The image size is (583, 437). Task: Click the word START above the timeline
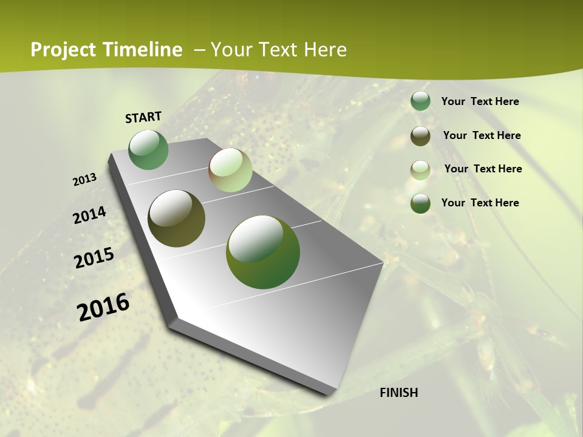pyautogui.click(x=143, y=117)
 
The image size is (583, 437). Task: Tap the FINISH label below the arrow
pyautogui.click(x=398, y=393)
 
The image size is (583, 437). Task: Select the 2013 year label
pyautogui.click(x=85, y=180)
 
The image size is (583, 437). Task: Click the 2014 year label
pyautogui.click(x=90, y=215)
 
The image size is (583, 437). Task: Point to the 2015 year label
pyautogui.click(x=94, y=258)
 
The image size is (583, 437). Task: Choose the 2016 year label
pyautogui.click(x=103, y=307)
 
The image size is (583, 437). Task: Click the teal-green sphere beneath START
pyautogui.click(x=149, y=150)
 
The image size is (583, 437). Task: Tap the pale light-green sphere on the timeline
pyautogui.click(x=230, y=170)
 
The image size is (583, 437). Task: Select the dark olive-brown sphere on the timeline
pyautogui.click(x=177, y=218)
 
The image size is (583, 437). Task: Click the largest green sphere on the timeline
pyautogui.click(x=263, y=252)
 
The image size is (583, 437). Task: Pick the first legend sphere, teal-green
pyautogui.click(x=420, y=101)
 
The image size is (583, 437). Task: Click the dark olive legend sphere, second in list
pyautogui.click(x=420, y=136)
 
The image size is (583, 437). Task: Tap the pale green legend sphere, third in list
pyautogui.click(x=420, y=170)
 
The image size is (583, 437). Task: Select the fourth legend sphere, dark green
pyautogui.click(x=420, y=203)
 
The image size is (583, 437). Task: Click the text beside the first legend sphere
pyautogui.click(x=480, y=101)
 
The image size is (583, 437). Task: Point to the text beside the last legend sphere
pyautogui.click(x=480, y=203)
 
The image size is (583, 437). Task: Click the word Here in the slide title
pyautogui.click(x=325, y=50)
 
